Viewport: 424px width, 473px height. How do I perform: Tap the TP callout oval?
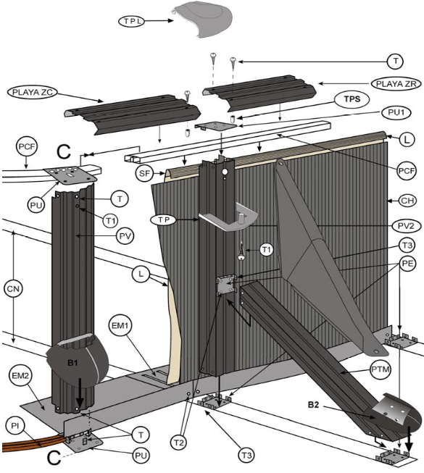point(162,219)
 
